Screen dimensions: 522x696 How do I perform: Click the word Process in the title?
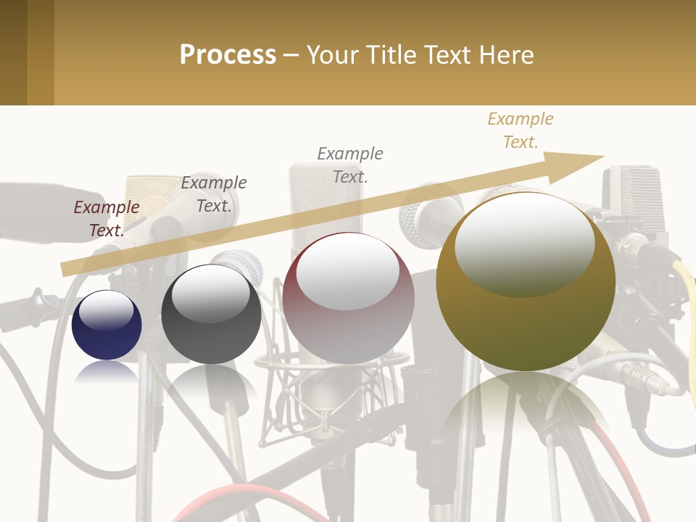click(x=228, y=54)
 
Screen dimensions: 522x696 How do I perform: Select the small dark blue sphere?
click(x=107, y=326)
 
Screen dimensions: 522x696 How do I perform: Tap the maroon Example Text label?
click(x=107, y=218)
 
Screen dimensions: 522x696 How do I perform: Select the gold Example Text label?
click(x=521, y=130)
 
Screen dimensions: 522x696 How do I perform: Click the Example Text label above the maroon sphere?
click(x=350, y=165)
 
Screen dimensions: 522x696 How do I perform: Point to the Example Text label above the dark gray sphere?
click(x=214, y=194)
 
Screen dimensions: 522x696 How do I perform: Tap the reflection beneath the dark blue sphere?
click(x=107, y=373)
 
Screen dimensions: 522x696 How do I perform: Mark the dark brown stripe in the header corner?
click(x=13, y=52)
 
